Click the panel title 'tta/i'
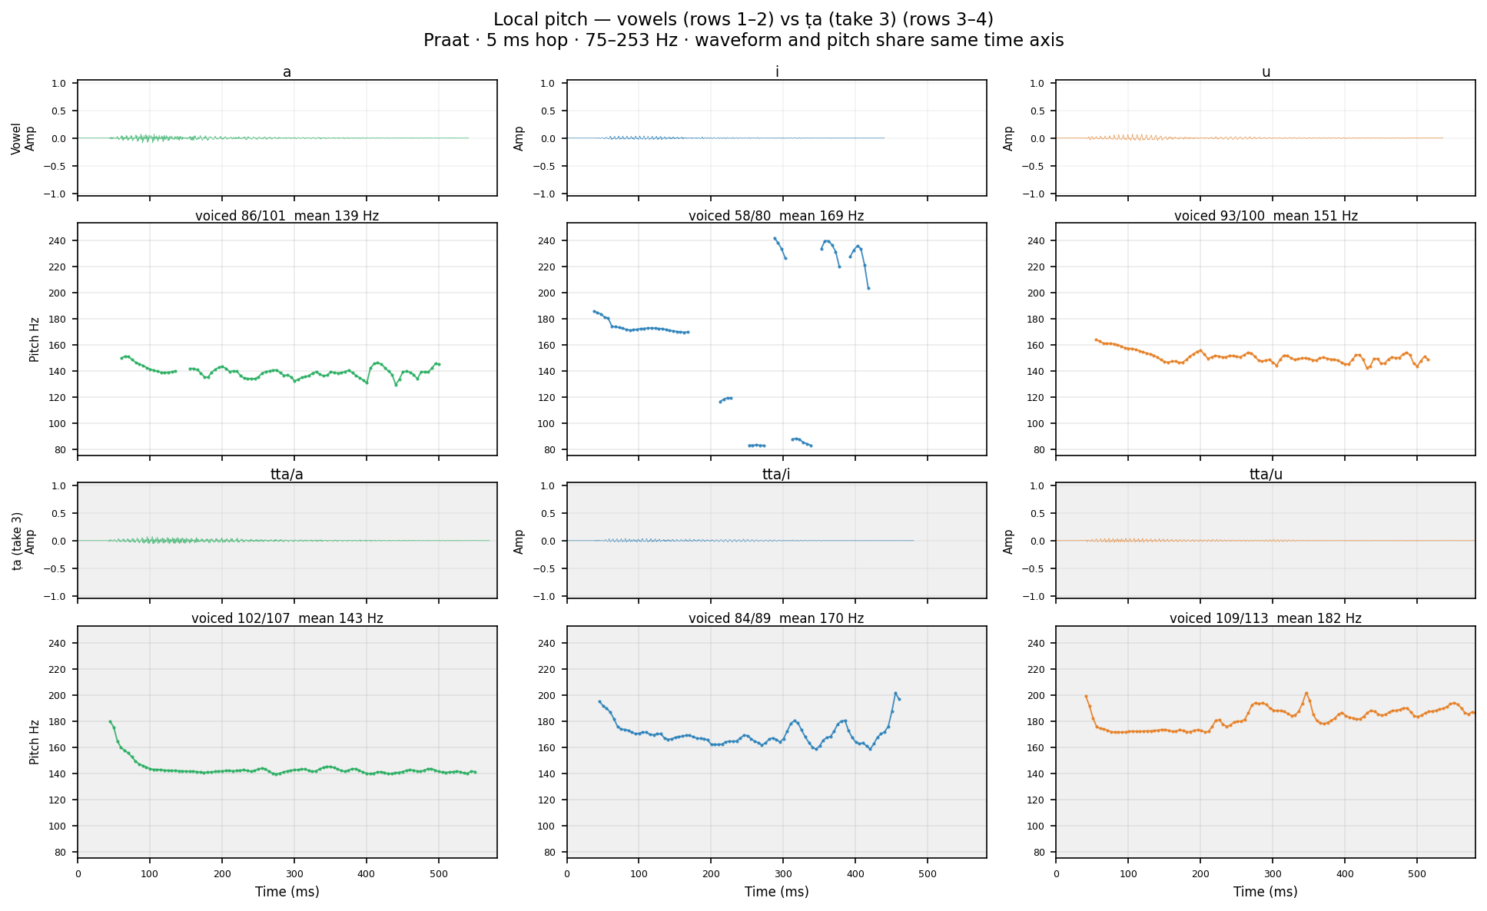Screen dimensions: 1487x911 (x=776, y=475)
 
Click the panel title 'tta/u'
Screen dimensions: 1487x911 (x=1266, y=475)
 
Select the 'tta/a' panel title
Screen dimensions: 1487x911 (x=287, y=475)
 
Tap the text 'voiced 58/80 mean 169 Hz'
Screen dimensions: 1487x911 (x=776, y=216)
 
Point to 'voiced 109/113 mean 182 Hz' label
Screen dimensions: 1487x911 (x=1266, y=618)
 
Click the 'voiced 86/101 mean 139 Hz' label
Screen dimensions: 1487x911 (x=287, y=216)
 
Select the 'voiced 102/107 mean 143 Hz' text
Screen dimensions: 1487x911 (x=287, y=618)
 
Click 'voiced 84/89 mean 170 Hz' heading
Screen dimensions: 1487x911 (x=776, y=618)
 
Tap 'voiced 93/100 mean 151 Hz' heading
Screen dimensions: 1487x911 (x=1266, y=216)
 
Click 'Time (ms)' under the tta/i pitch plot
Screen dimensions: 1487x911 (x=776, y=892)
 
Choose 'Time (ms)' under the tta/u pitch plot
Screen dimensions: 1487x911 (x=1266, y=892)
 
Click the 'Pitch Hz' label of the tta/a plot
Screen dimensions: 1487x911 (x=34, y=742)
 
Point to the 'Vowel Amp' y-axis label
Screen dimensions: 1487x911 (x=23, y=138)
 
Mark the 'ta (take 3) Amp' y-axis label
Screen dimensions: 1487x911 (x=23, y=541)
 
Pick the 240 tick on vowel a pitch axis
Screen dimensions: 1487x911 (x=62, y=241)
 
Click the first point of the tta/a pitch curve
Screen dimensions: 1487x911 (x=110, y=721)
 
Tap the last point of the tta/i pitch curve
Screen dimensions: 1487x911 (x=899, y=699)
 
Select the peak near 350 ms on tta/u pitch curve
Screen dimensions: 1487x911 (x=1306, y=693)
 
